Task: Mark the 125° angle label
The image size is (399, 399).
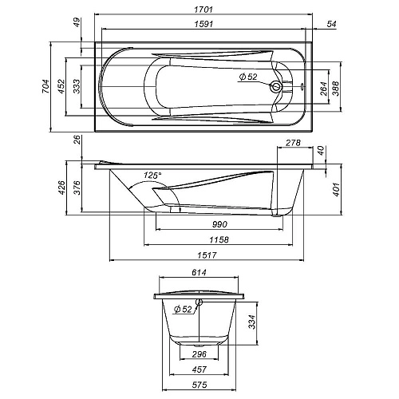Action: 152,175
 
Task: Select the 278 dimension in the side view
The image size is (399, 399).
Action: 292,144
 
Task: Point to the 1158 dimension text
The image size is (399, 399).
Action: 209,239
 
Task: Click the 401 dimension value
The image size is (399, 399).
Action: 336,189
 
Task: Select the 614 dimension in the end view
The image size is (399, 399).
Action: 200,274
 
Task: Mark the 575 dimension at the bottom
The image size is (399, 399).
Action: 200,387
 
